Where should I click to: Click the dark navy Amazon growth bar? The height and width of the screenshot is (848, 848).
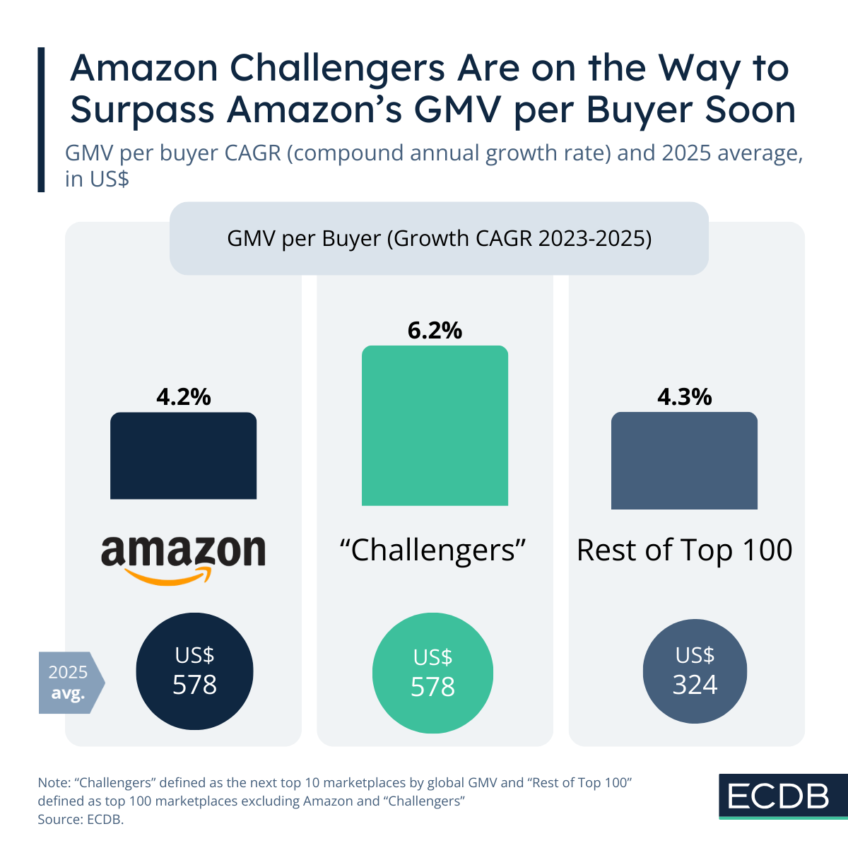click(184, 456)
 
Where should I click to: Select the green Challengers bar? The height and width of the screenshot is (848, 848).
click(435, 425)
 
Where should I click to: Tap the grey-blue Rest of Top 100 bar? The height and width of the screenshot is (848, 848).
click(684, 461)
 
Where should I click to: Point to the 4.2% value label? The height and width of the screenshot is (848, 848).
click(184, 397)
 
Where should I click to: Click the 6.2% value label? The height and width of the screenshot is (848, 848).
click(435, 330)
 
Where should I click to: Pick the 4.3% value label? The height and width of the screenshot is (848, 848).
click(684, 397)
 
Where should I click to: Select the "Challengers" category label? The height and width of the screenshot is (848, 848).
click(434, 550)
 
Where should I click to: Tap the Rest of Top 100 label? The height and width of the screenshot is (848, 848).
click(684, 550)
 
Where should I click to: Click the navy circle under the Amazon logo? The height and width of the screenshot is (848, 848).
click(194, 671)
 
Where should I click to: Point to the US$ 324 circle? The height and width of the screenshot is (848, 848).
click(695, 671)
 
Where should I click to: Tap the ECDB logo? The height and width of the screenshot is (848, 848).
click(778, 796)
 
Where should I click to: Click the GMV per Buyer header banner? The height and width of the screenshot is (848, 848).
click(439, 239)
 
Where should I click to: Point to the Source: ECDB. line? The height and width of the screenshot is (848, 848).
click(81, 820)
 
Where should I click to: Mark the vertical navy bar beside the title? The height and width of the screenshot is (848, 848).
click(41, 119)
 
